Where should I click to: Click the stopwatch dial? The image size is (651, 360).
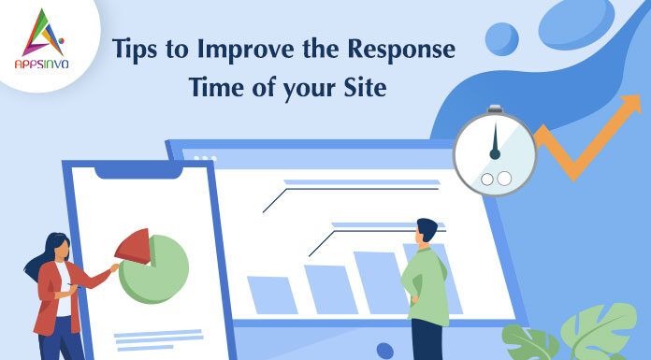(x=495, y=154)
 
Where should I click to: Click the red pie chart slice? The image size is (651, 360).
(x=133, y=247)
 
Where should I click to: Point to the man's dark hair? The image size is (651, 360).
(x=427, y=229)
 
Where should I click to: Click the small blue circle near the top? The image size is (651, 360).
(x=502, y=39)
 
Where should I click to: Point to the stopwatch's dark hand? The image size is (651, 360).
(x=495, y=142)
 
